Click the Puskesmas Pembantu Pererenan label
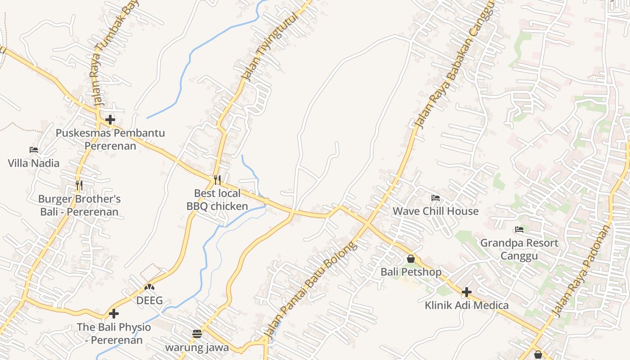point(110,139)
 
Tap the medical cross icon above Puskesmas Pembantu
point(110,120)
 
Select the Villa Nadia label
point(34,163)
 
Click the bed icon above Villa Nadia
point(34,149)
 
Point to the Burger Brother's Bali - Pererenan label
point(79,205)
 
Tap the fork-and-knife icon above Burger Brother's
point(79,185)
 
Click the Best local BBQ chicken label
point(217,200)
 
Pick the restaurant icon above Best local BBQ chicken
point(217,180)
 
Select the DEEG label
point(149,301)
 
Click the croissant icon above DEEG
point(149,287)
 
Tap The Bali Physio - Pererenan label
point(114,333)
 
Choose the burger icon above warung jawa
point(197,333)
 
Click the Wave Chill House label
point(436,211)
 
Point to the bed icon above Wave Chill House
point(435,198)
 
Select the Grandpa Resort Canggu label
point(519,249)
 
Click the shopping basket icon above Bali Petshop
point(410,259)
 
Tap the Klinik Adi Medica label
point(467,305)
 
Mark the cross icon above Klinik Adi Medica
point(467,292)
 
